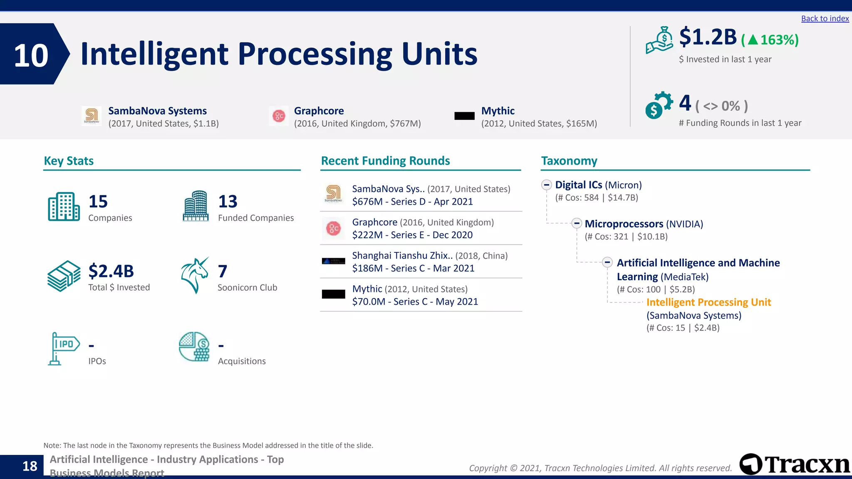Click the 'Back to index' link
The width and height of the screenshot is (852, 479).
[x=825, y=19]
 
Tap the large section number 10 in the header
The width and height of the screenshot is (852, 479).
[x=31, y=55]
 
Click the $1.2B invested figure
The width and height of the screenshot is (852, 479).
[x=708, y=37]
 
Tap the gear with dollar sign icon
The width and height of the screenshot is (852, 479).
[x=658, y=105]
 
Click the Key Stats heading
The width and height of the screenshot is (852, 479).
[x=69, y=161]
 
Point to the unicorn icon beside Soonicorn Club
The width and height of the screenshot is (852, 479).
[x=195, y=275]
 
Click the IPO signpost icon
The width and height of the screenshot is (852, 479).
[x=63, y=348]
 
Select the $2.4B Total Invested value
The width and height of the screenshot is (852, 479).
[x=111, y=271]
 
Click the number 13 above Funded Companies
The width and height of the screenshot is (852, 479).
[x=228, y=202]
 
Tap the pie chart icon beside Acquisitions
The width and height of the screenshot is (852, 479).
[x=194, y=347]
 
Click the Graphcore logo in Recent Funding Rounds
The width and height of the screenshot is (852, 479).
[x=333, y=228]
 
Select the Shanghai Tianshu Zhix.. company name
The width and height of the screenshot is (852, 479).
[x=402, y=256]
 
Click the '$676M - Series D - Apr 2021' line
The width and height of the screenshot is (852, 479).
[x=412, y=202]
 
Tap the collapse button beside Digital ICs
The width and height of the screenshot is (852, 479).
[x=546, y=185]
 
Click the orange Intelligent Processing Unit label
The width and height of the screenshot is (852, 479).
[x=708, y=302]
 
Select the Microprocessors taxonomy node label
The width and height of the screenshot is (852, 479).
[x=624, y=224]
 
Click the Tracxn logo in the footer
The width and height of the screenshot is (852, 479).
[x=794, y=464]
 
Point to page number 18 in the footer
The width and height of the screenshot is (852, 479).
[x=30, y=466]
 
